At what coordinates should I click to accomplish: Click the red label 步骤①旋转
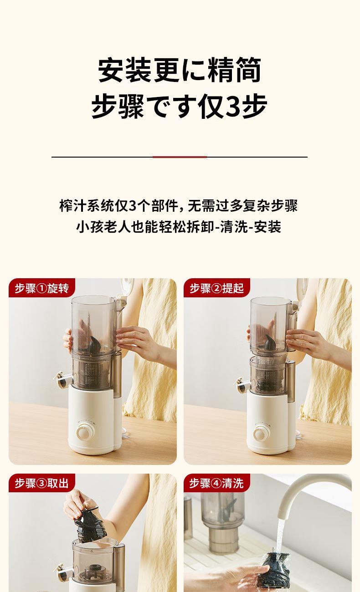pos(41,288)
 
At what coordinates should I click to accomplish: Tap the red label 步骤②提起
pos(216,288)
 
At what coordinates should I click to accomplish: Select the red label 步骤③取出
pos(41,483)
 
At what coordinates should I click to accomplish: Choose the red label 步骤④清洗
pos(216,483)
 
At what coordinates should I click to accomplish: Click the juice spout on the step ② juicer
pos(242,385)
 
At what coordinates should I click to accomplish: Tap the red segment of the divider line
pos(180,157)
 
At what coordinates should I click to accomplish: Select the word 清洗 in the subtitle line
pos(233,227)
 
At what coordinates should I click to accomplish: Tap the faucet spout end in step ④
pos(283,511)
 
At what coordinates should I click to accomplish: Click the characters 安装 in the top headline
pos(124,70)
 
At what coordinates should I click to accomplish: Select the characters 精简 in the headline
pos(235,70)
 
